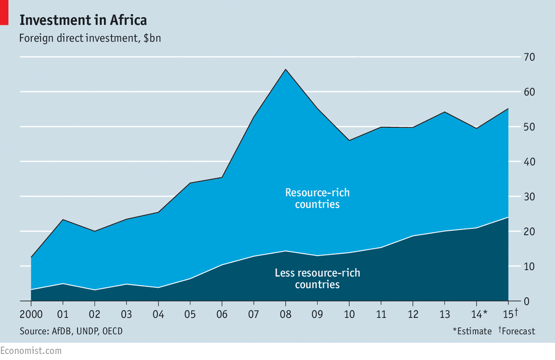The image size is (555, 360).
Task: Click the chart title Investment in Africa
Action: [x=83, y=20]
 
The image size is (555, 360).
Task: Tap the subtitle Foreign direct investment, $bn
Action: [x=90, y=38]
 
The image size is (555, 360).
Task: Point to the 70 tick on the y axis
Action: [x=529, y=57]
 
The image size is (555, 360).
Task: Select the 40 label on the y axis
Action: [x=529, y=162]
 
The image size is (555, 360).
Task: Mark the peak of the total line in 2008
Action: [x=285, y=69]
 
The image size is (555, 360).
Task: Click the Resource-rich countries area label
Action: [x=317, y=198]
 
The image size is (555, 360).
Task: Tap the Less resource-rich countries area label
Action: [x=317, y=278]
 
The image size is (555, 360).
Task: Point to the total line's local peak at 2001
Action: [x=62, y=220]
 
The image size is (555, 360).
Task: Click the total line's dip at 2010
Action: [x=349, y=140]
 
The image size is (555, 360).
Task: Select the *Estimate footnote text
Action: [x=472, y=332]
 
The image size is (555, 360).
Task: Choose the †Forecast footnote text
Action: [x=517, y=332]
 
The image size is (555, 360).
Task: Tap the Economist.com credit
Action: [x=31, y=350]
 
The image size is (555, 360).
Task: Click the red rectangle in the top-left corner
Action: [x=4, y=13]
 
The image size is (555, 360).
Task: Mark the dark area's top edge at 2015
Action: [x=508, y=217]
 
